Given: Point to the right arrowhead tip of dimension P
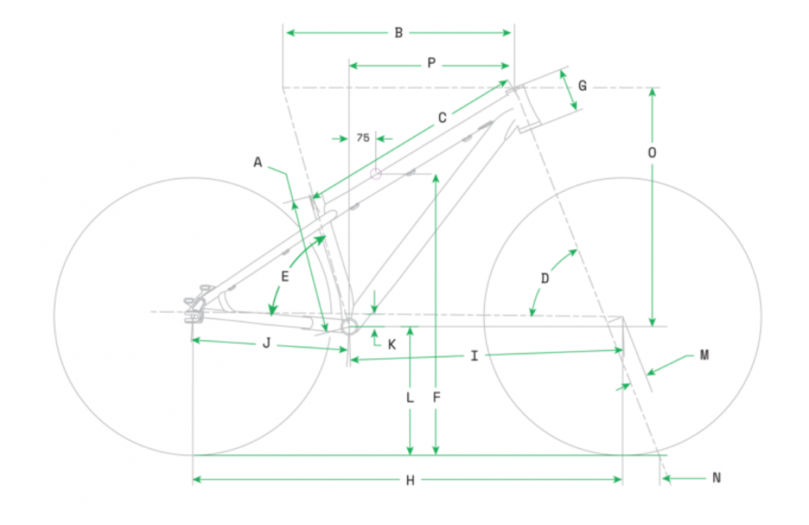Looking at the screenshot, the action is pyautogui.click(x=510, y=65).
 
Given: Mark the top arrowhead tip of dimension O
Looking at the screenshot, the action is pyautogui.click(x=652, y=88).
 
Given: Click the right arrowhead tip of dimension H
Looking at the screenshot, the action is pyautogui.click(x=622, y=480).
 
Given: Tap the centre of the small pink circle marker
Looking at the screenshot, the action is pyautogui.click(x=375, y=173).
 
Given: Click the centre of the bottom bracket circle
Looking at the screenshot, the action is pyautogui.click(x=349, y=327).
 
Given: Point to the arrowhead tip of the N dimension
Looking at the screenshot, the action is pyautogui.click(x=663, y=479).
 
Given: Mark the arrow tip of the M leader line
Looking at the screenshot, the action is pyautogui.click(x=647, y=374).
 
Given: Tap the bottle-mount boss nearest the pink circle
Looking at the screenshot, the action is pyautogui.click(x=411, y=172).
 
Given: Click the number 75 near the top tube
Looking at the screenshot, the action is pyautogui.click(x=363, y=138).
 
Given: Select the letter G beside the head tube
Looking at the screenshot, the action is pyautogui.click(x=582, y=86).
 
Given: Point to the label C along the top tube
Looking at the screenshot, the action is pyautogui.click(x=442, y=118).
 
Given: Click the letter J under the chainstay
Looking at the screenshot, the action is pyautogui.click(x=266, y=343).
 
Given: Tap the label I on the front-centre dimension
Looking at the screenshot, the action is pyautogui.click(x=474, y=355).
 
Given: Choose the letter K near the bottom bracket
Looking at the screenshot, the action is pyautogui.click(x=392, y=345).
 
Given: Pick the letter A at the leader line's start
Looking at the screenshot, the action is pyautogui.click(x=258, y=162).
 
